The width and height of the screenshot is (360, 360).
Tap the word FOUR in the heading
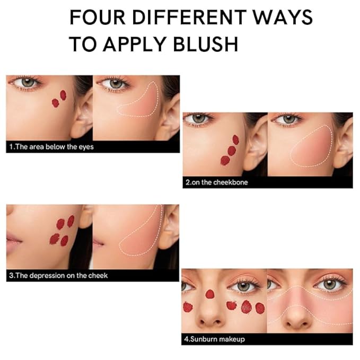click(x=98, y=17)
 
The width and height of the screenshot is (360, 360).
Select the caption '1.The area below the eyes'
click(x=51, y=147)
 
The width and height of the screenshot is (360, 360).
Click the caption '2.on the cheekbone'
click(x=217, y=182)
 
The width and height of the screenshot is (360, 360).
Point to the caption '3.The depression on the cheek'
click(x=58, y=275)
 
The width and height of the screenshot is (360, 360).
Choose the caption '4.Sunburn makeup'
click(x=214, y=339)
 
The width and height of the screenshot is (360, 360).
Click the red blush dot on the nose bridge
click(x=209, y=294)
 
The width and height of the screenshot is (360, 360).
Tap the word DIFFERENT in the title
click(x=189, y=17)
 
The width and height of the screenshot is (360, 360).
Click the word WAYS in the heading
click(x=283, y=17)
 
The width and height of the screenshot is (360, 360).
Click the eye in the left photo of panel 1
click(x=27, y=83)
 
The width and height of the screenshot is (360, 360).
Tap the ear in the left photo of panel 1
click(x=82, y=115)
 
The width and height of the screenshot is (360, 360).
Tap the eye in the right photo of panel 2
click(x=288, y=119)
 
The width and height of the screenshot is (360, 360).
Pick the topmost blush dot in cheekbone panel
click(x=236, y=139)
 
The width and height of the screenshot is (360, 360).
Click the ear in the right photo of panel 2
click(x=343, y=145)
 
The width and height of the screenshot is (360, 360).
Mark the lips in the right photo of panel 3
click(x=98, y=243)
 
